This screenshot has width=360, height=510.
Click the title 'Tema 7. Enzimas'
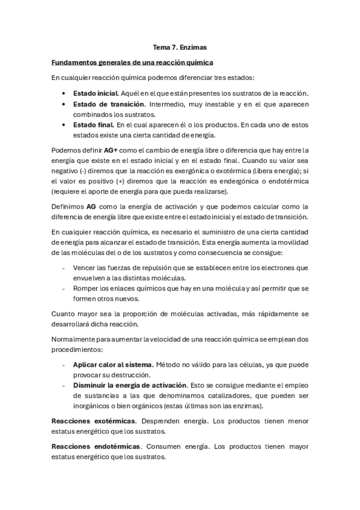coord(180,47)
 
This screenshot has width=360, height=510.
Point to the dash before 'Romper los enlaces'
coord(64,288)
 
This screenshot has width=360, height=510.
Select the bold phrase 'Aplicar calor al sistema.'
coord(114,365)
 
